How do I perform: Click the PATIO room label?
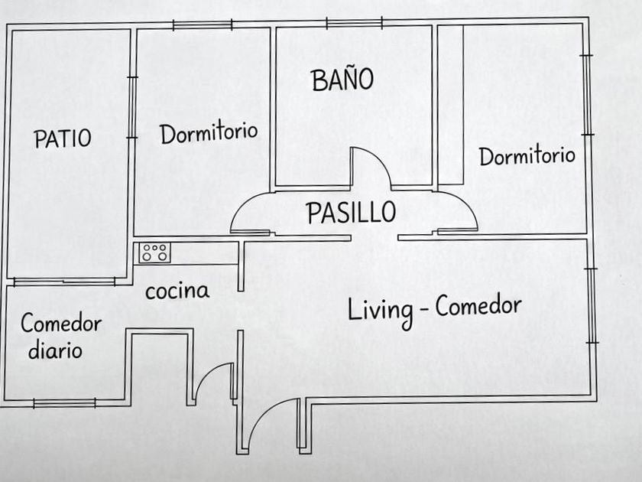[63, 138]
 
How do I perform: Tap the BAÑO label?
[342, 80]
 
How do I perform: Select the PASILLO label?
[352, 212]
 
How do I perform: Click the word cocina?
[177, 291]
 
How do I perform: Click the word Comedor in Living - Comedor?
[478, 306]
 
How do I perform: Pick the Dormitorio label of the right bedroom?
[527, 156]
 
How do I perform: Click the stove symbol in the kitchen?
[154, 252]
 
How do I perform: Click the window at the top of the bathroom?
[354, 23]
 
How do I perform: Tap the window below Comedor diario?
[64, 403]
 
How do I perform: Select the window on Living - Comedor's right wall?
[591, 305]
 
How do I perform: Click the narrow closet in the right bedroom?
[451, 105]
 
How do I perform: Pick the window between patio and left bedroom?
[131, 107]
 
